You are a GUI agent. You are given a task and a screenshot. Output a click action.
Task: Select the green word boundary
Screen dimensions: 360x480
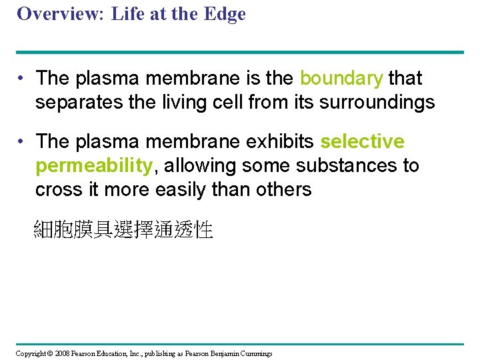[341, 78]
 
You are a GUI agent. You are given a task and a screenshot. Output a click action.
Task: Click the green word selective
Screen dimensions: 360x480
[362, 142]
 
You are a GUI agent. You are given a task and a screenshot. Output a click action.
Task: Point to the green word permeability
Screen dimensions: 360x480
[94, 165]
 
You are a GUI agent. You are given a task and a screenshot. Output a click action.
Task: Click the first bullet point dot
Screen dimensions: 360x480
[23, 79]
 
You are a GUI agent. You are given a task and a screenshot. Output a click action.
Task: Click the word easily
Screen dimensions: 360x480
[181, 189]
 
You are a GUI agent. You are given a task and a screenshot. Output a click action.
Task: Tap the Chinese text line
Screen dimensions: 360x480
[123, 231]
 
